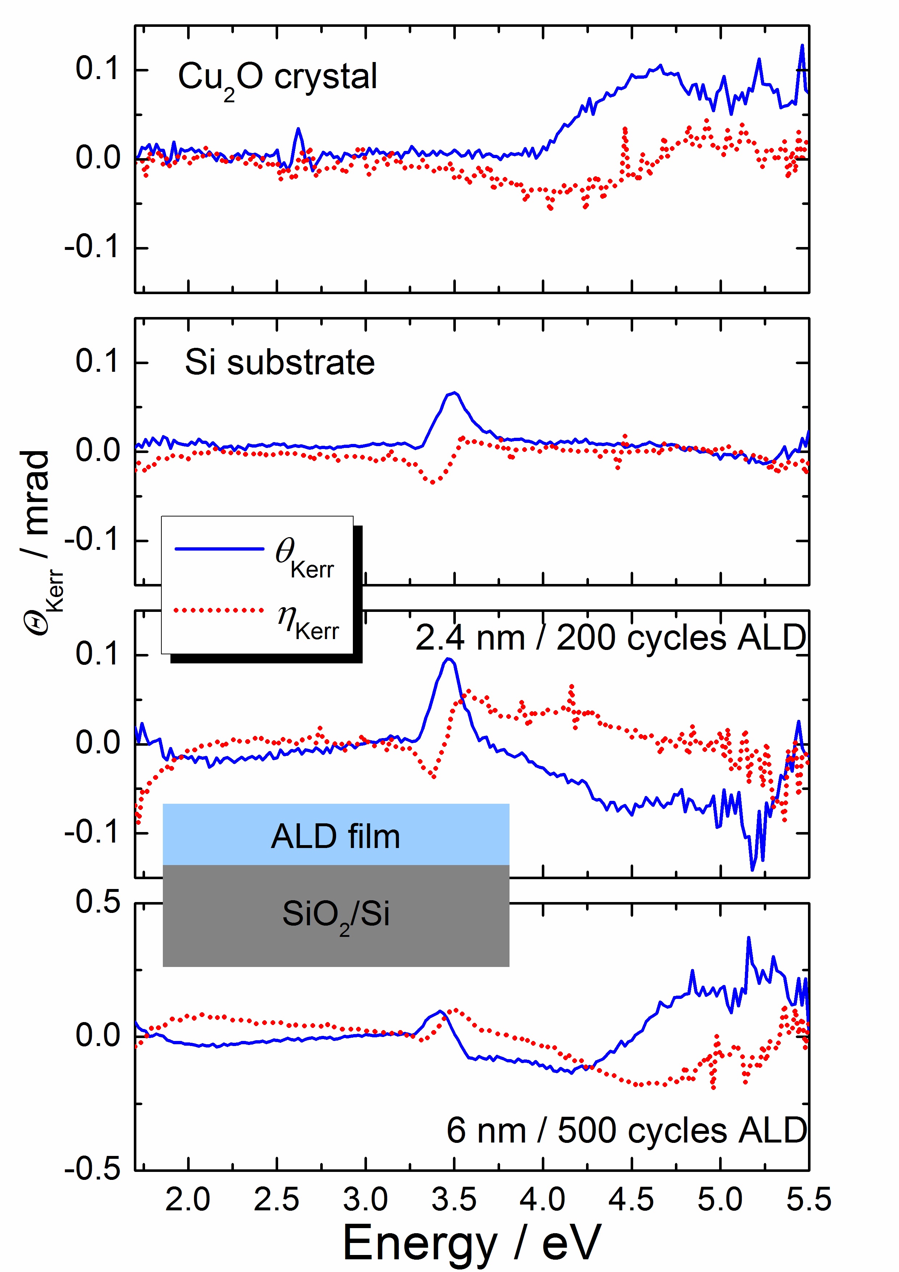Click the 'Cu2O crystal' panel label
coord(277,78)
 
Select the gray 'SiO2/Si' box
coord(336,915)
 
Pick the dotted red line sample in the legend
coord(219,610)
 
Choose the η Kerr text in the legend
coord(308,621)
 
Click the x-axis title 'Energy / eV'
coord(471,1243)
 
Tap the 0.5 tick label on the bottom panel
coord(98,902)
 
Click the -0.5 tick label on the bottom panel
coord(92,1169)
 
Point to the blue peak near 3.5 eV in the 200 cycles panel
coord(449,659)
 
